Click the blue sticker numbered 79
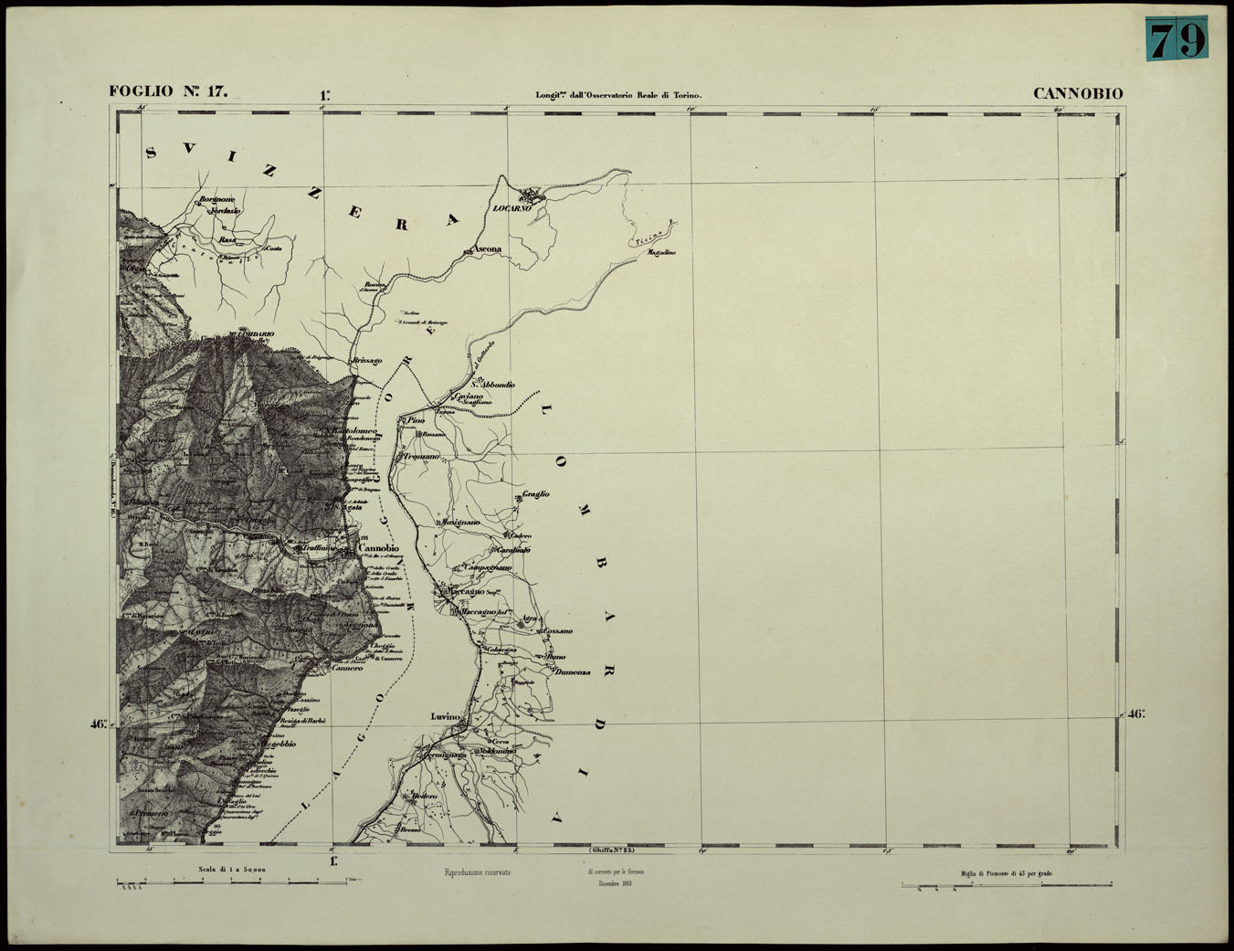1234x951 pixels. point(1176,39)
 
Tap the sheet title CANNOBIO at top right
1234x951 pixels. point(1078,93)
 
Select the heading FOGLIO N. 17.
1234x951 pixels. point(168,91)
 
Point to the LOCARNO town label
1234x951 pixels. point(512,209)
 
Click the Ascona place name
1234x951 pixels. point(486,248)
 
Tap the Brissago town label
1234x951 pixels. point(366,361)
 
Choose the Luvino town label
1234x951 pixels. point(446,717)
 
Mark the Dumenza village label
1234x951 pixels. point(573,672)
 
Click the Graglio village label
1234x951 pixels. point(535,494)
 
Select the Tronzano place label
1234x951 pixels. point(421,456)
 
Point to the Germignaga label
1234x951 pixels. point(444,756)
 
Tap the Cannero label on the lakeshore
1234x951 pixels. point(346,668)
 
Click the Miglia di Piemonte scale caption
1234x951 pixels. point(1006,874)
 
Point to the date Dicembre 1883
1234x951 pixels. point(616,883)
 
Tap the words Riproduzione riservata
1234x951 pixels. point(477,872)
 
